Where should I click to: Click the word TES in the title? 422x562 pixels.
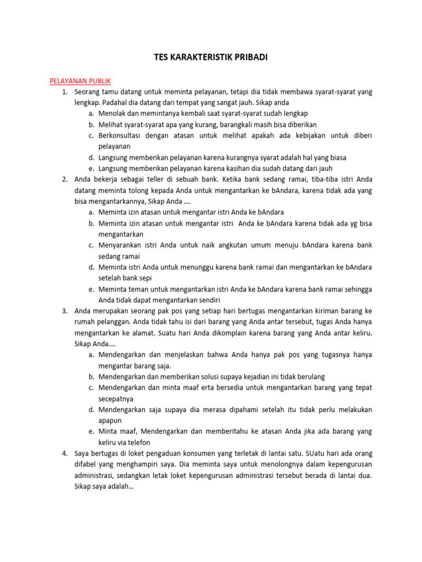(159, 57)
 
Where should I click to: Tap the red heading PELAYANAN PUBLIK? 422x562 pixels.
(80, 81)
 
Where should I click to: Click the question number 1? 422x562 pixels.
(64, 92)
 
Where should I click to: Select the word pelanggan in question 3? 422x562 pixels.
(112, 322)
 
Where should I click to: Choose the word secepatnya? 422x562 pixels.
(116, 398)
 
